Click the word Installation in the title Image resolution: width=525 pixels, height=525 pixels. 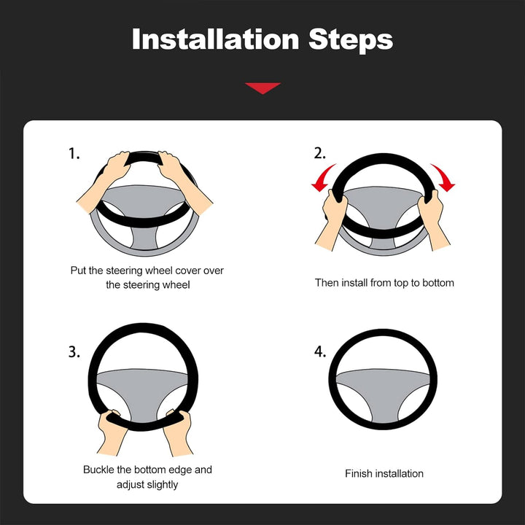[215, 39]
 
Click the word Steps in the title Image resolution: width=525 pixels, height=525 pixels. [351, 41]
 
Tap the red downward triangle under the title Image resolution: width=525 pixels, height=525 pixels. [262, 87]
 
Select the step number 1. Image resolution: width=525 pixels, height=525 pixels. [74, 154]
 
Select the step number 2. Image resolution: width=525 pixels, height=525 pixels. [320, 153]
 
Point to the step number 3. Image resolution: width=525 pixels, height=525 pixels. [74, 352]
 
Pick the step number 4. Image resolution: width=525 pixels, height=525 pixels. [320, 351]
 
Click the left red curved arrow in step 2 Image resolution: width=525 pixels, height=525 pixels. [322, 178]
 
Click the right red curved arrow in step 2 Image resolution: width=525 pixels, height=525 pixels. [443, 177]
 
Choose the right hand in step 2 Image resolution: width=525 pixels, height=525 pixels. [434, 219]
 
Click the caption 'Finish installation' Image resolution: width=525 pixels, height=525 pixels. [384, 474]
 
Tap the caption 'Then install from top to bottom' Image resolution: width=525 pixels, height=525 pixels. [384, 283]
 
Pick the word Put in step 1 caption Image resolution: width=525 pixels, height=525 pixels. [78, 271]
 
